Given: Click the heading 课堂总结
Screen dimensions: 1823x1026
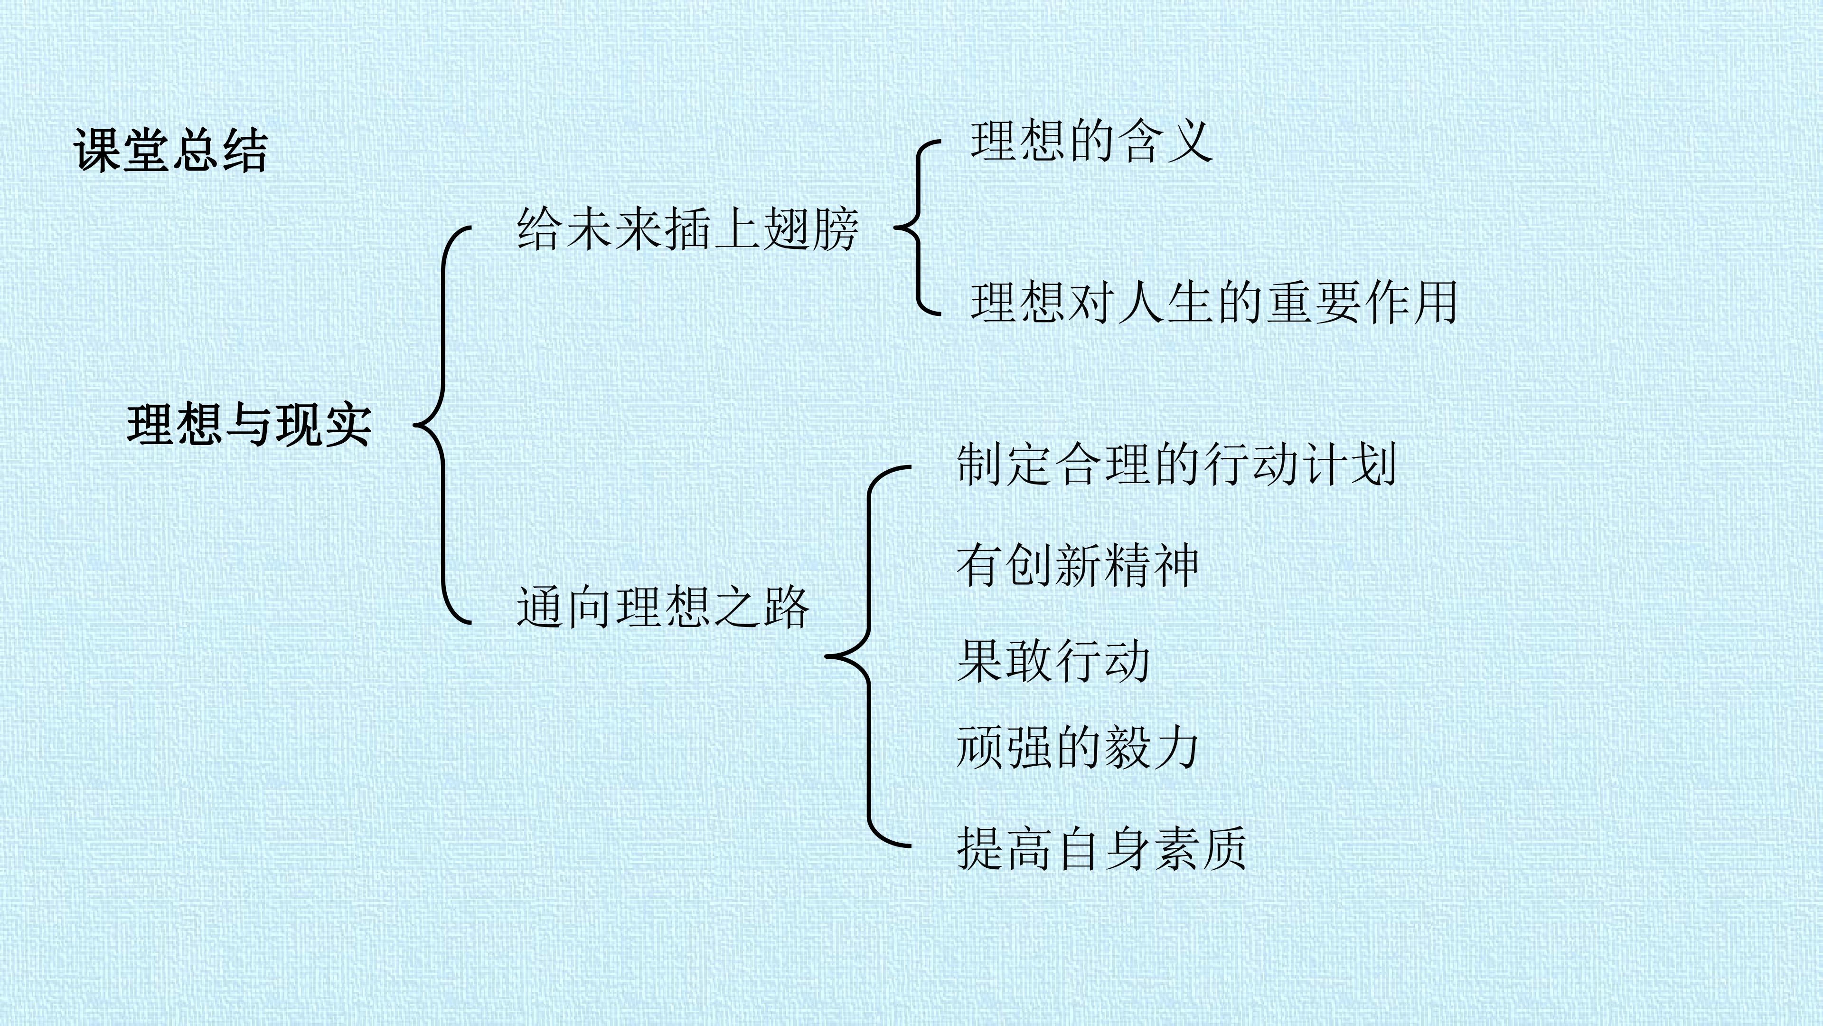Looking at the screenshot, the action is pyautogui.click(x=170, y=150).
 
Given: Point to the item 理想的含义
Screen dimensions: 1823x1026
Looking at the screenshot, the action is pyautogui.click(x=1091, y=141).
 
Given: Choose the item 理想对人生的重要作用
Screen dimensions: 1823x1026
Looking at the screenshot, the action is pyautogui.click(x=1214, y=303).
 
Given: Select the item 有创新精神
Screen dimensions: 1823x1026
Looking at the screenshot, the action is pyautogui.click(x=1078, y=566).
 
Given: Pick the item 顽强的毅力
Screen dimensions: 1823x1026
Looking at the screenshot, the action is pyautogui.click(x=1078, y=748).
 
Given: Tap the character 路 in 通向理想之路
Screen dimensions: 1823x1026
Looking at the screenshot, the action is pyautogui.click(x=786, y=607).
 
